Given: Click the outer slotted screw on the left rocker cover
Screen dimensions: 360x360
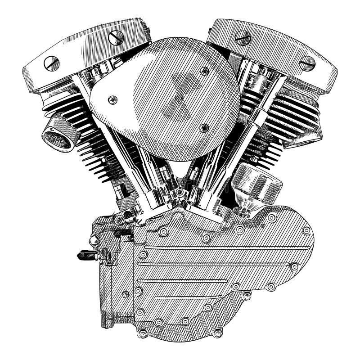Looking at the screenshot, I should [x=51, y=63].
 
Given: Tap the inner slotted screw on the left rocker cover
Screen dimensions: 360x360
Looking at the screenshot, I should [x=116, y=37].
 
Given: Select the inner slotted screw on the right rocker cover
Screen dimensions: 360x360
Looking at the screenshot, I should [x=243, y=37].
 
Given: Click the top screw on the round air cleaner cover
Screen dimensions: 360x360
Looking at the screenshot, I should [x=205, y=71].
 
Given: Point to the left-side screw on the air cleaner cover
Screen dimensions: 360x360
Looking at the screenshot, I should [x=113, y=99].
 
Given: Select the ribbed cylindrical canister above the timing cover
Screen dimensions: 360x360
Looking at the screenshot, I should [x=258, y=184].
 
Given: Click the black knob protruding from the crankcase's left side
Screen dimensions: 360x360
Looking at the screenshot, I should [x=85, y=255].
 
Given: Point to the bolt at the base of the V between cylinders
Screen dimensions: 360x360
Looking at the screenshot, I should [x=180, y=193].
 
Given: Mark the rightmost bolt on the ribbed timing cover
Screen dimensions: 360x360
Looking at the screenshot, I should [x=306, y=230].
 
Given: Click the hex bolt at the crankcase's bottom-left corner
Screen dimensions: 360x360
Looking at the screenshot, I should [x=144, y=332].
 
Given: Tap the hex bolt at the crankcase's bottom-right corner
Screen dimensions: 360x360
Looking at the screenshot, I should [x=217, y=333].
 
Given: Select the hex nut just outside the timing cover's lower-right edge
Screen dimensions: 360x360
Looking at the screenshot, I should [x=247, y=295].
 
